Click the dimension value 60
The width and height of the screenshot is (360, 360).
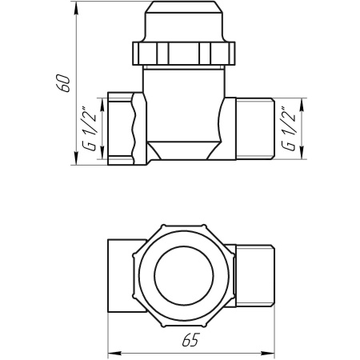point(65,82)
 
